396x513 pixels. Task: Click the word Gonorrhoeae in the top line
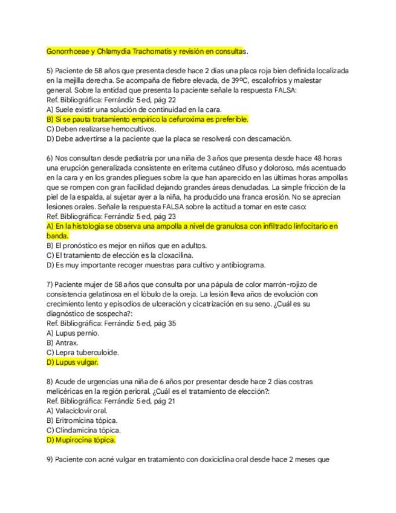67,51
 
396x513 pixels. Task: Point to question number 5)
50,71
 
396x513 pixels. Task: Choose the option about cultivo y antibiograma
148,265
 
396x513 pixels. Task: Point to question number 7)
50,284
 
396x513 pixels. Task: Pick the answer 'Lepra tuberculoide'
82,353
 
